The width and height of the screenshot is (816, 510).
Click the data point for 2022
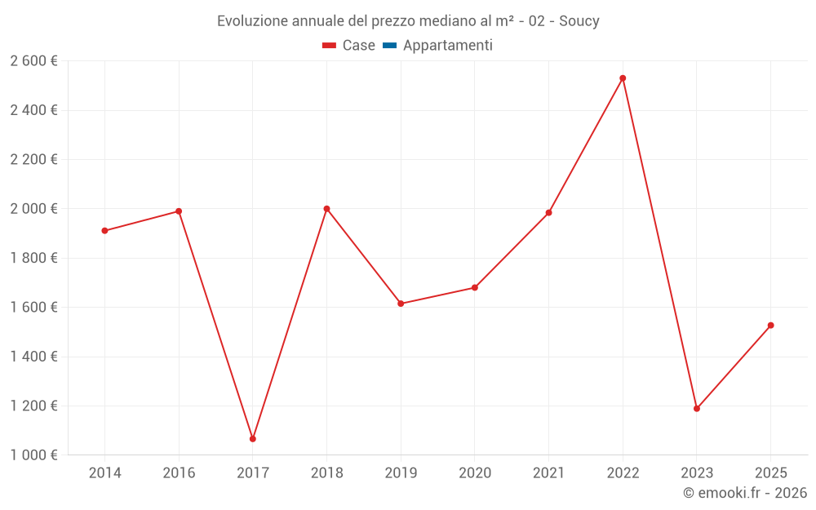click(623, 78)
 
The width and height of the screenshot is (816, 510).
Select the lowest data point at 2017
click(253, 439)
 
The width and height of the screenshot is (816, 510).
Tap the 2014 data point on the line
click(104, 231)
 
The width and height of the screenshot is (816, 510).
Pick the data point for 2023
click(697, 409)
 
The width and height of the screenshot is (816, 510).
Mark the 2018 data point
click(326, 209)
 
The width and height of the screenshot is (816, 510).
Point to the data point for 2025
click(770, 326)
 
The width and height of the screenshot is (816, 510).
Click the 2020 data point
click(475, 288)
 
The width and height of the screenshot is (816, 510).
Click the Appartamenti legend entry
click(447, 46)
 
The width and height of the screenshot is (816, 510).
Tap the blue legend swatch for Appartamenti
click(389, 46)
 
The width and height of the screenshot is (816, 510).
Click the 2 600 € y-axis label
click(33, 61)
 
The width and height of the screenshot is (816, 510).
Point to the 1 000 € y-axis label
click(33, 455)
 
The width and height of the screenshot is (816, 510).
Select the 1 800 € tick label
click(33, 259)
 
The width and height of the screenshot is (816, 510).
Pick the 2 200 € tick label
click(33, 160)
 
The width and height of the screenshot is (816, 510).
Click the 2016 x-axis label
click(179, 473)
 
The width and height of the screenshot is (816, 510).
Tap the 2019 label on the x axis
click(401, 473)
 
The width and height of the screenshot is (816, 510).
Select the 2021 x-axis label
click(548, 473)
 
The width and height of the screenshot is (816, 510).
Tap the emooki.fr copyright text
click(745, 493)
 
